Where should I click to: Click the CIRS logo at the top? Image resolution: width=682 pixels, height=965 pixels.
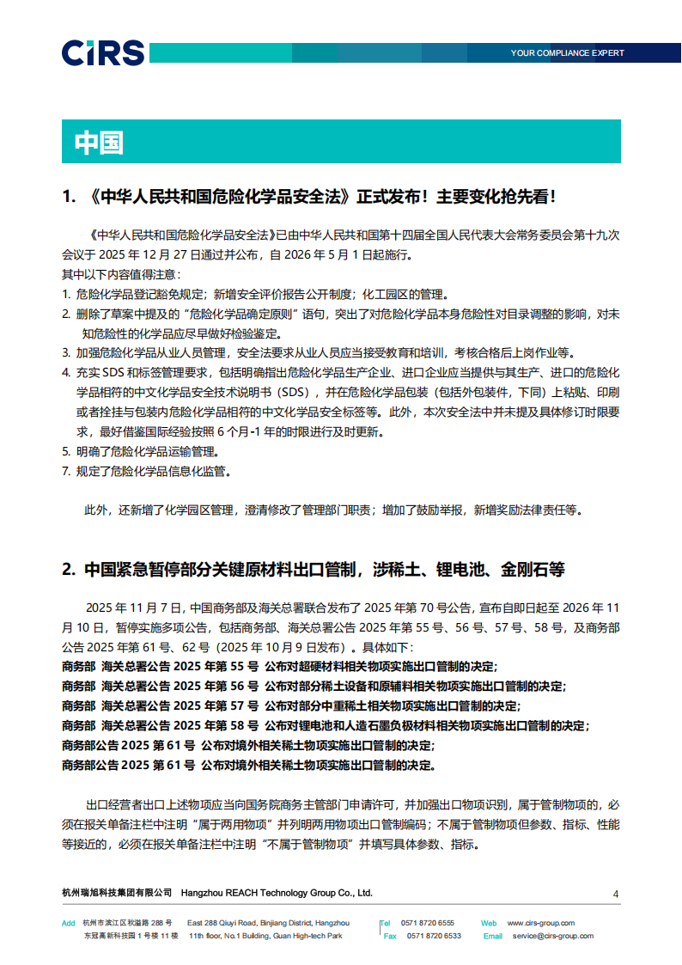pos(102,52)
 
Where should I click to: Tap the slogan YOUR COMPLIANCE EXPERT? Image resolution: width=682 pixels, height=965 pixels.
pos(567,53)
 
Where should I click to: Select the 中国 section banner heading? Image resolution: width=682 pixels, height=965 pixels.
pos(99,143)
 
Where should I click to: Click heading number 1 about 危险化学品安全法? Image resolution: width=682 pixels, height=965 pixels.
pos(309,197)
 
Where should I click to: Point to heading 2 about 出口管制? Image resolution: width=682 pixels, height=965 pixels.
pos(314,570)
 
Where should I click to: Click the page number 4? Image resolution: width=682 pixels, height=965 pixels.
pos(616,895)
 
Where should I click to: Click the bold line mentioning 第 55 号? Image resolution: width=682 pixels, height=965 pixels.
pos(279,666)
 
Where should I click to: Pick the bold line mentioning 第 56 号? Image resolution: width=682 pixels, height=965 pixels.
pos(314,687)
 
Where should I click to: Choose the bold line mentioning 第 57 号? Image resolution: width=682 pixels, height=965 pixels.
pos(290,706)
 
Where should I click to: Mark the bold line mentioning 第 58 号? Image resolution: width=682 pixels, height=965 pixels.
pos(326,726)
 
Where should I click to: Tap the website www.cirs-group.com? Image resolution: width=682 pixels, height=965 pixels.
pos(541,923)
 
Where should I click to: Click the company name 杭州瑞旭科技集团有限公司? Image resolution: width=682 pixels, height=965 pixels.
pos(117,893)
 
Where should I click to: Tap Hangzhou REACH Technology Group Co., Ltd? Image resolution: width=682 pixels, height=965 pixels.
pos(277,893)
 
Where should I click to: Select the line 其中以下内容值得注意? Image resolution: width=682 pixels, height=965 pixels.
pos(119,275)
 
